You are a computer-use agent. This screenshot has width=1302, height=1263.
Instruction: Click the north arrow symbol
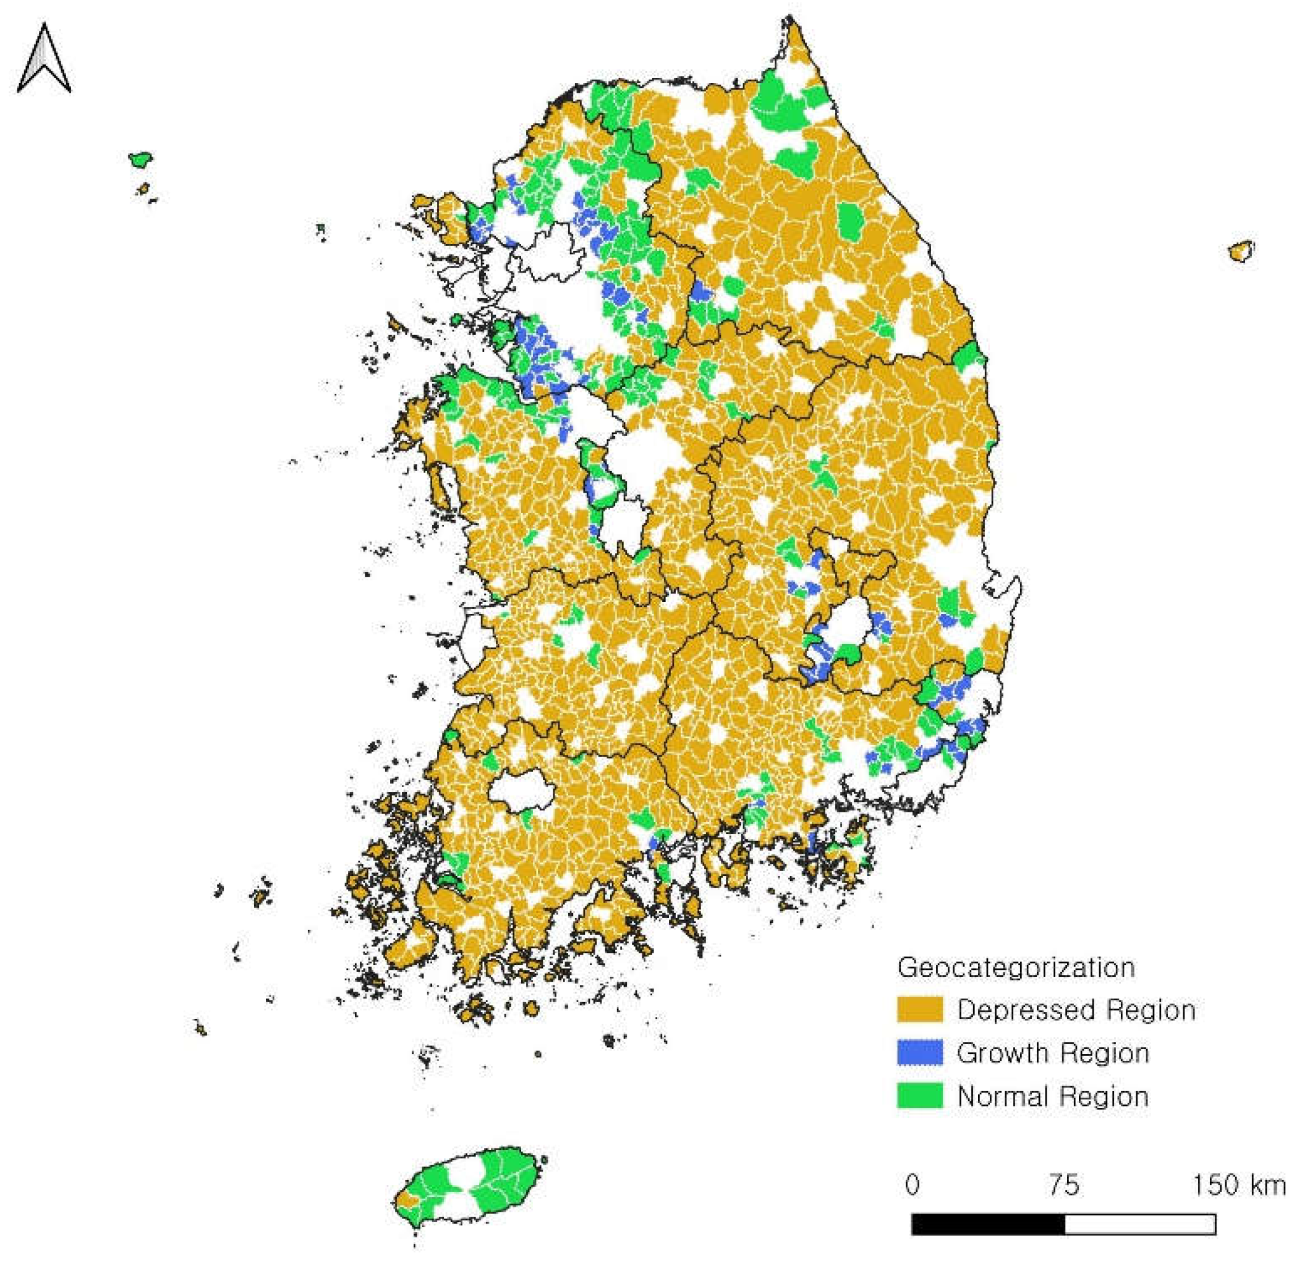tap(44, 60)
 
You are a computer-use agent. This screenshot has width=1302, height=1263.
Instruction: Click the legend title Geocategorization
tap(1016, 967)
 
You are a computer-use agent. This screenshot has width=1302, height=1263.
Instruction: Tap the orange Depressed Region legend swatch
tap(919, 1009)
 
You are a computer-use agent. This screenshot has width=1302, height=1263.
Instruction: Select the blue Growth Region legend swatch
tap(919, 1052)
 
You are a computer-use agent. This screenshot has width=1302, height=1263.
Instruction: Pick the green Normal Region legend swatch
tap(919, 1095)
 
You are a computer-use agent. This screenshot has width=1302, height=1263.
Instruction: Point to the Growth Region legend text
tap(1053, 1053)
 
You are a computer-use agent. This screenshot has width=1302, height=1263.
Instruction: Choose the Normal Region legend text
tap(1053, 1096)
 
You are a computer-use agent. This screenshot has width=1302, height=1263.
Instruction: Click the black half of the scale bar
tap(988, 1224)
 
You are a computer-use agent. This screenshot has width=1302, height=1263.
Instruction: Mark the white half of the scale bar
tap(1140, 1224)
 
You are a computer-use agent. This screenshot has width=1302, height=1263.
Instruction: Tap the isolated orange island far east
tap(1241, 251)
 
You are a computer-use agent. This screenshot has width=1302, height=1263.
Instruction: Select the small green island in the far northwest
tap(140, 159)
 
